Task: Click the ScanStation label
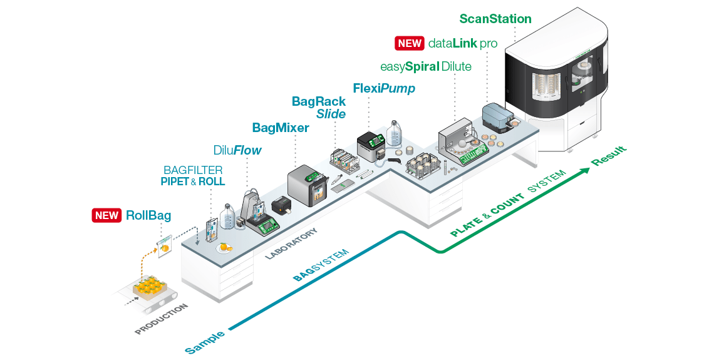[495, 19]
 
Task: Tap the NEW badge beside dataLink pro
[410, 43]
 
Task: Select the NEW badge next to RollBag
[106, 215]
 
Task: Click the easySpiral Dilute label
[426, 66]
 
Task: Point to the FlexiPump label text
[384, 88]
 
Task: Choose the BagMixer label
[281, 128]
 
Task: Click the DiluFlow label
[237, 150]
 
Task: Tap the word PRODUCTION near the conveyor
[161, 319]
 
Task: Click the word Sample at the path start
[205, 342]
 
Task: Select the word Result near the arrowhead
[609, 156]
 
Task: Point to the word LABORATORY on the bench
[291, 244]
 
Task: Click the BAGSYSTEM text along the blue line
[321, 265]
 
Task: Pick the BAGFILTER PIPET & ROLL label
[193, 176]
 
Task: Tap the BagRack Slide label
[319, 108]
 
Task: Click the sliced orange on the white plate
[224, 248]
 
